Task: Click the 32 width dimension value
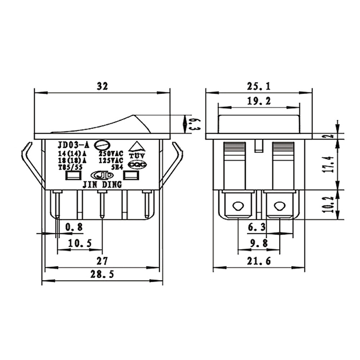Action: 102,86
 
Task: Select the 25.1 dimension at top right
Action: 258,86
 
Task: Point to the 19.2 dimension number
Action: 258,101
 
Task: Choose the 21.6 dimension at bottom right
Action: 258,261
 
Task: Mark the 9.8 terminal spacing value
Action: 258,244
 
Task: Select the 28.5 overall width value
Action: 102,274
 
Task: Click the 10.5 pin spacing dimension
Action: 80,244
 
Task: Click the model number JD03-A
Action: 73,145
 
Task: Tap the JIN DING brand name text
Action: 103,185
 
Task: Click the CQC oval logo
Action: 137,165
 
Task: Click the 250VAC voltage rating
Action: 111,154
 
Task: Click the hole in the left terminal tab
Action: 237,206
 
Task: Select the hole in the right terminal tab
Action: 278,206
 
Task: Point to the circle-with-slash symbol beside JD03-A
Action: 101,145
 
